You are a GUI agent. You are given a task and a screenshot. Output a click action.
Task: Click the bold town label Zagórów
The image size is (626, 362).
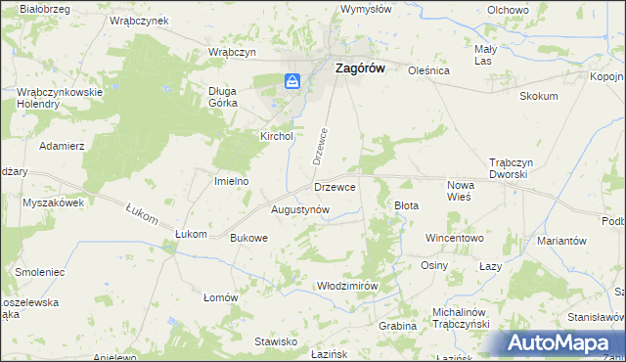click(359, 69)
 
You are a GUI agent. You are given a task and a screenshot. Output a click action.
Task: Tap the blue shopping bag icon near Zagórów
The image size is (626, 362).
click(292, 82)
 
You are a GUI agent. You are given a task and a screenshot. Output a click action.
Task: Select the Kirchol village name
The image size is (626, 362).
click(276, 137)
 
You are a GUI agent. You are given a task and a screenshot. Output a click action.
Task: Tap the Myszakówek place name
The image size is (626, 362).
click(54, 203)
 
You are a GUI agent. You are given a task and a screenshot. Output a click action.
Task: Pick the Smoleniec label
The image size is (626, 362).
click(39, 271)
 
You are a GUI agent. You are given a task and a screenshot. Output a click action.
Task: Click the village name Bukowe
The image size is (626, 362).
click(248, 238)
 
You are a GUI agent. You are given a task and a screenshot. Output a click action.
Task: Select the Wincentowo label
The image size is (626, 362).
click(455, 238)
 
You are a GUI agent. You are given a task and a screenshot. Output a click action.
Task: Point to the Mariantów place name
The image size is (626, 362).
click(561, 241)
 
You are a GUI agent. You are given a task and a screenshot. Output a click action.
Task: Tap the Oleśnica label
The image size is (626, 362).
click(427, 70)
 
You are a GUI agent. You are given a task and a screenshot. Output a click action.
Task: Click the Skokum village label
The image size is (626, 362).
click(539, 96)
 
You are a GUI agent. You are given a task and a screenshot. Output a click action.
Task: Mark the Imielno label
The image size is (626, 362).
click(232, 181)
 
